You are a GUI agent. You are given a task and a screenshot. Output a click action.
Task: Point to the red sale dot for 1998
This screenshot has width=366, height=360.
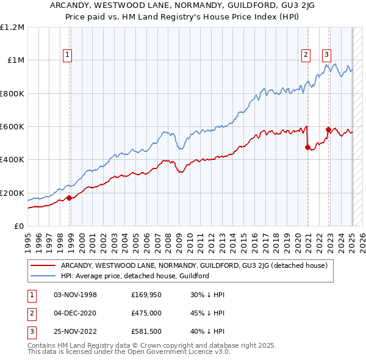pos(70,197)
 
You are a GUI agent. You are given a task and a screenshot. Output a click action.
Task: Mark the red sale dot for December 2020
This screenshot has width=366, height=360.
pos(307,146)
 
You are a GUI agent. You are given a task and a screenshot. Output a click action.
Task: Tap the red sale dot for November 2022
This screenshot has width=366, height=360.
pos(329,129)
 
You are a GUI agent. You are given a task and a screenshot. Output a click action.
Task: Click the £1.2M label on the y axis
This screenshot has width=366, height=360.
pos(12,27)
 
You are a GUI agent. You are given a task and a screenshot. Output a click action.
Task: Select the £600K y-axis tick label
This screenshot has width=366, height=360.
pos(12,127)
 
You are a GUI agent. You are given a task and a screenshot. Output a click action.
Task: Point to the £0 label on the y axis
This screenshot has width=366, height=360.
pos(19,226)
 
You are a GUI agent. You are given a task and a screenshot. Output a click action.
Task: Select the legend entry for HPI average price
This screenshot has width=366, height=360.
pos(135,276)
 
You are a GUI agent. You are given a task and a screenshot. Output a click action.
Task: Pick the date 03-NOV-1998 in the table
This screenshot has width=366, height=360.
pos(76,295)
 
